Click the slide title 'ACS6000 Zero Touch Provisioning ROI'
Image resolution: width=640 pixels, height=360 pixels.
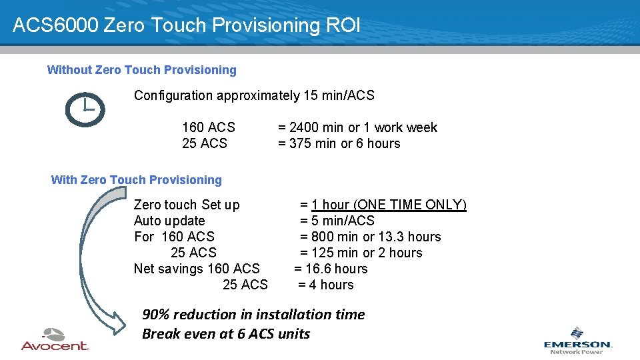click(x=187, y=25)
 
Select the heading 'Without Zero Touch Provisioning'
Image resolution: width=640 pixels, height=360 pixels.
click(x=141, y=70)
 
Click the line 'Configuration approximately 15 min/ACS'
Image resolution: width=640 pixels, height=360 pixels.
click(x=254, y=95)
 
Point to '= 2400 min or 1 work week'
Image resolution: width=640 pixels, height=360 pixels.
click(x=357, y=127)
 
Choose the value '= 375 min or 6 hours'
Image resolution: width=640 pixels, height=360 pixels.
click(x=339, y=143)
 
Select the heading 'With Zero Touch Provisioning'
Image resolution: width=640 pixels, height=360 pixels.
click(x=136, y=180)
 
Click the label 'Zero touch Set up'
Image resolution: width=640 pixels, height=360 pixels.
click(x=187, y=205)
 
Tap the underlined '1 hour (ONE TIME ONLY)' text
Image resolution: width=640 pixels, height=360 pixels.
click(x=389, y=205)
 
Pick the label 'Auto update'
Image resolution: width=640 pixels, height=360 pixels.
click(x=169, y=221)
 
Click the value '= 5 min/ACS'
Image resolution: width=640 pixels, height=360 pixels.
click(x=337, y=221)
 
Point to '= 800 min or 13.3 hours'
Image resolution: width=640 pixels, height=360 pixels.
click(x=370, y=237)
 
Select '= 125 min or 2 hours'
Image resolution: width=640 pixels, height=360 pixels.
click(x=361, y=253)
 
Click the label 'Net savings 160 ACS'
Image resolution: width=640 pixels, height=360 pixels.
click(x=197, y=269)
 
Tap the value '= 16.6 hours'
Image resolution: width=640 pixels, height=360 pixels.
click(x=331, y=269)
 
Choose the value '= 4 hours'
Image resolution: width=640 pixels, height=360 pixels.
click(x=325, y=285)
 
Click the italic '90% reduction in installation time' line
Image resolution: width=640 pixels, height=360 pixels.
click(x=253, y=315)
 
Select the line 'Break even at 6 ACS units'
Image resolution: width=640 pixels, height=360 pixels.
click(x=226, y=334)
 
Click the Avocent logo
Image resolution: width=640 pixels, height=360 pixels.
click(x=55, y=339)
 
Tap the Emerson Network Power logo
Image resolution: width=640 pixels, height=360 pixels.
click(x=577, y=340)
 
